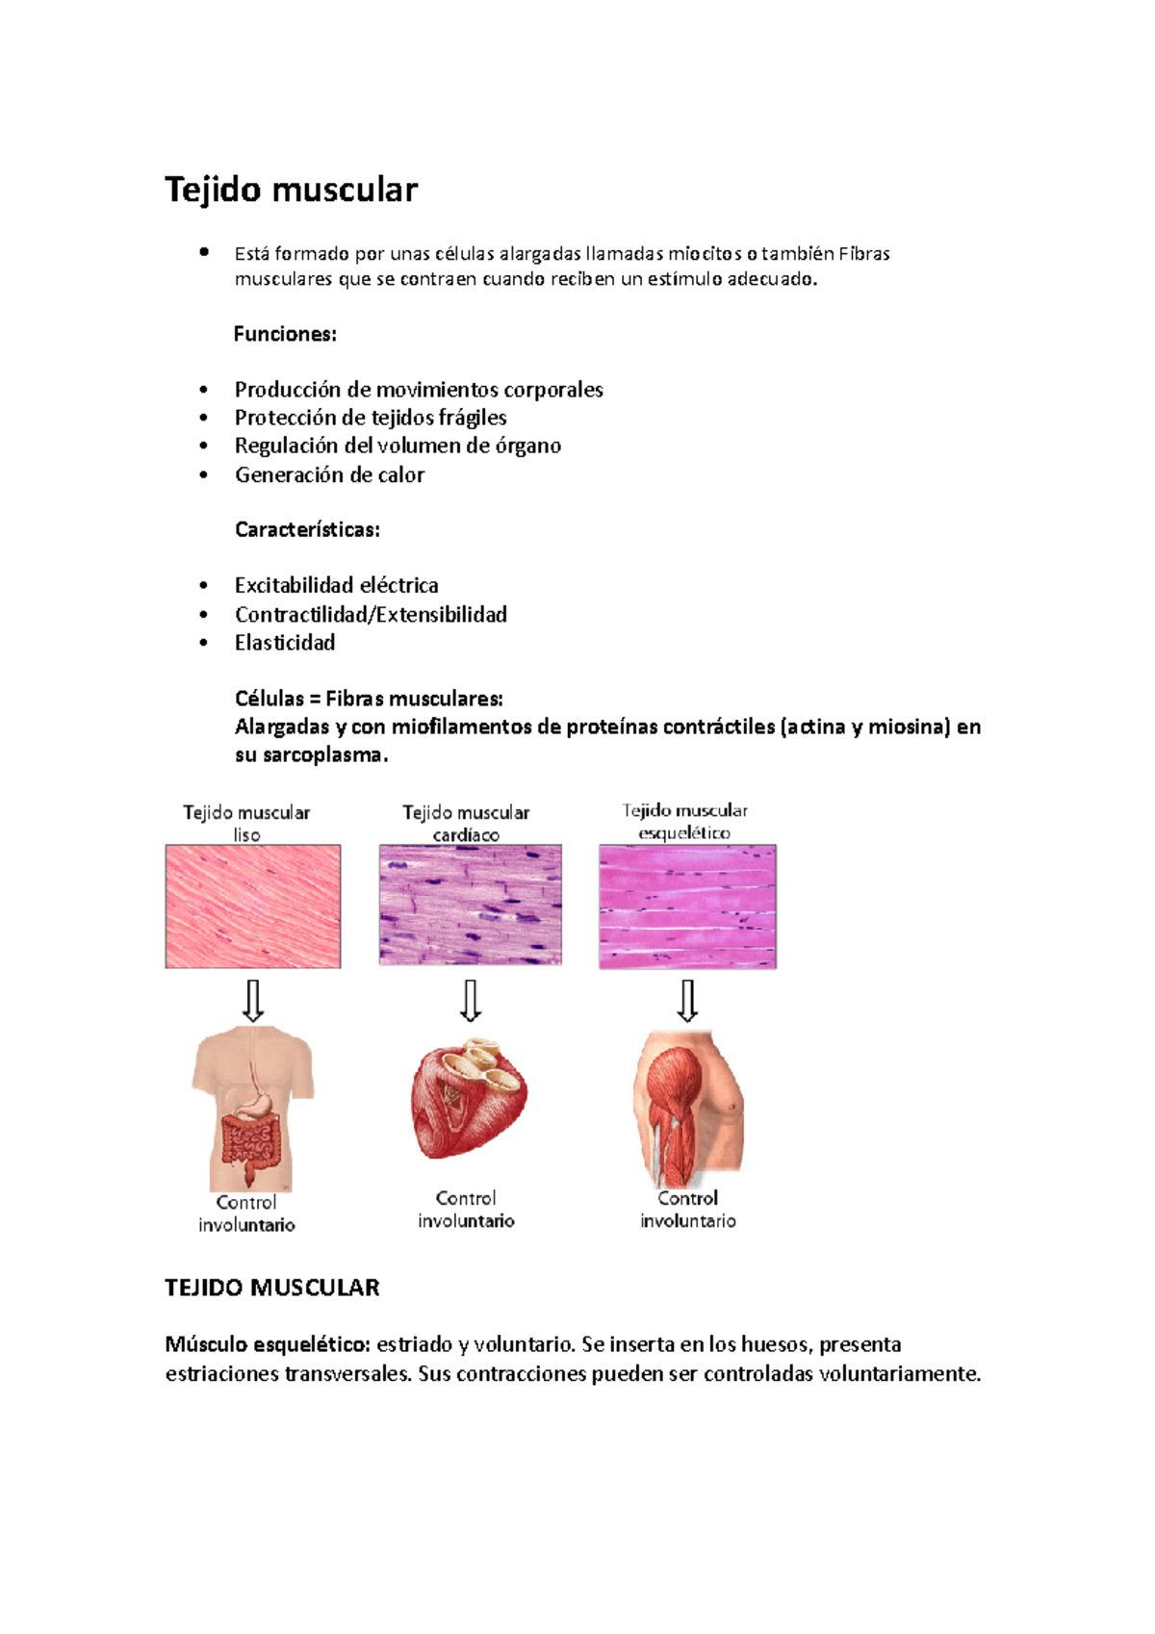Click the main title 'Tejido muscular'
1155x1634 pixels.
click(291, 190)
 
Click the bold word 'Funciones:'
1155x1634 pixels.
click(285, 334)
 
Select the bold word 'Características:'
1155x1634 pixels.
click(307, 529)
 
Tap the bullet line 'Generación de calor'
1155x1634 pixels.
click(329, 474)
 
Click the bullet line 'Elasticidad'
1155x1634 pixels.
click(285, 643)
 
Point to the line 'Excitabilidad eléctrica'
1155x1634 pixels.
click(336, 585)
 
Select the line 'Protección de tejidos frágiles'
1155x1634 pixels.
click(371, 418)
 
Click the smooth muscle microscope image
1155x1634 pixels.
click(253, 906)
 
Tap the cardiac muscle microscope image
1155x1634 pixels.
click(470, 905)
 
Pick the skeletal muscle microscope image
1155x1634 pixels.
click(687, 906)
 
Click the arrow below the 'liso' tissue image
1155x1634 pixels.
click(253, 1001)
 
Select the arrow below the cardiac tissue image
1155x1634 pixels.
click(470, 1001)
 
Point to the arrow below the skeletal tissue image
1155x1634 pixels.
click(687, 1001)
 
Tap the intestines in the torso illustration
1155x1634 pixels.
click(248, 1142)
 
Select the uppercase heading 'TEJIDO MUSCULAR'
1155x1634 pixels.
click(272, 1288)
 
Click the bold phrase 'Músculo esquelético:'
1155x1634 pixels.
click(268, 1344)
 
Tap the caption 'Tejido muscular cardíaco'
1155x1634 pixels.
click(466, 824)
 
